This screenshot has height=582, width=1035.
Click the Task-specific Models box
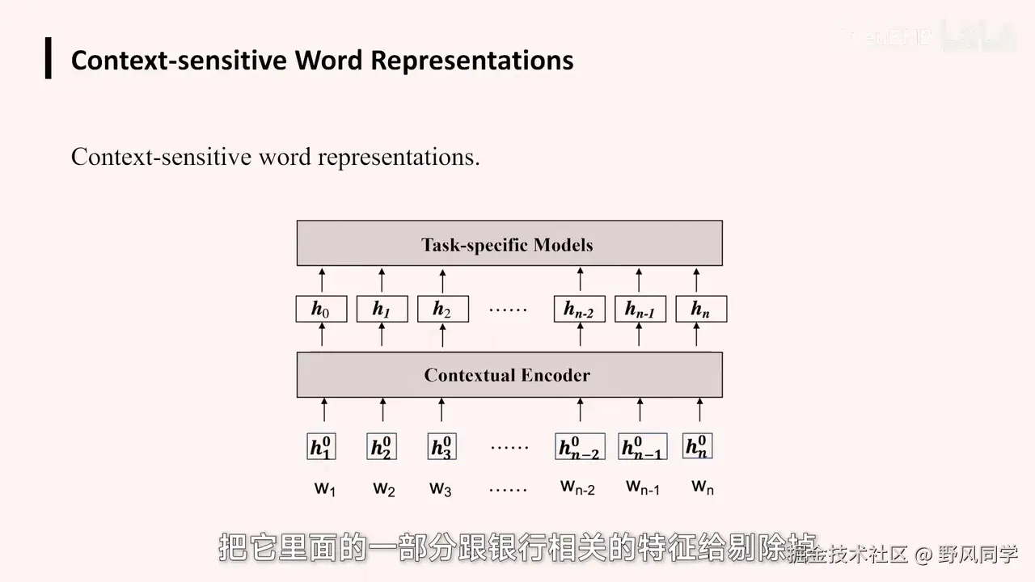[x=509, y=243]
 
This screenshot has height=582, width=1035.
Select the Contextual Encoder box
[x=509, y=375]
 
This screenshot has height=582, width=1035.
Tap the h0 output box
[x=321, y=309]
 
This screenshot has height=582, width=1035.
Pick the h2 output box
[x=442, y=309]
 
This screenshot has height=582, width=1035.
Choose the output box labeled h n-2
[x=579, y=309]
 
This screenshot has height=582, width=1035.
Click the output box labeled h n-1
[x=640, y=309]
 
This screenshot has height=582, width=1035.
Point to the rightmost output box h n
[x=700, y=309]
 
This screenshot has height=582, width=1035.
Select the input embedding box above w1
[x=322, y=447]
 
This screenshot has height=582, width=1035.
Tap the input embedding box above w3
[x=441, y=447]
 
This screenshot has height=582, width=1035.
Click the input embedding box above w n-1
[x=642, y=447]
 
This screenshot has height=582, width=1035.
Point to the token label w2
[x=384, y=489]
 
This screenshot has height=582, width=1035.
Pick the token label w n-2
[x=577, y=487]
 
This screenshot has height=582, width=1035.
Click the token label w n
[x=703, y=487]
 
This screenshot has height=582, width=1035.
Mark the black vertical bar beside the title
[x=49, y=58]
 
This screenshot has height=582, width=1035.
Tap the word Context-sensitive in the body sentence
[x=161, y=157]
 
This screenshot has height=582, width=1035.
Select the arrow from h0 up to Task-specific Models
[x=322, y=280]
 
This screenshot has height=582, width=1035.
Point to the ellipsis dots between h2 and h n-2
[x=509, y=310]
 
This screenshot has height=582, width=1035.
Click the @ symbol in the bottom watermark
[x=923, y=555]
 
